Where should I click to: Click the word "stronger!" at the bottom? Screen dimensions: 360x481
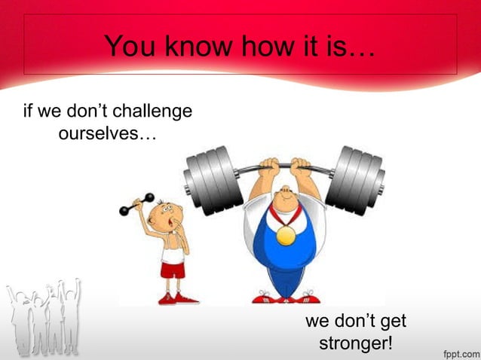coord(356,344)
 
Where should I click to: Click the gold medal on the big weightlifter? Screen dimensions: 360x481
coord(286,236)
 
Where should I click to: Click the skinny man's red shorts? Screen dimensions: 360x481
coord(173,270)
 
